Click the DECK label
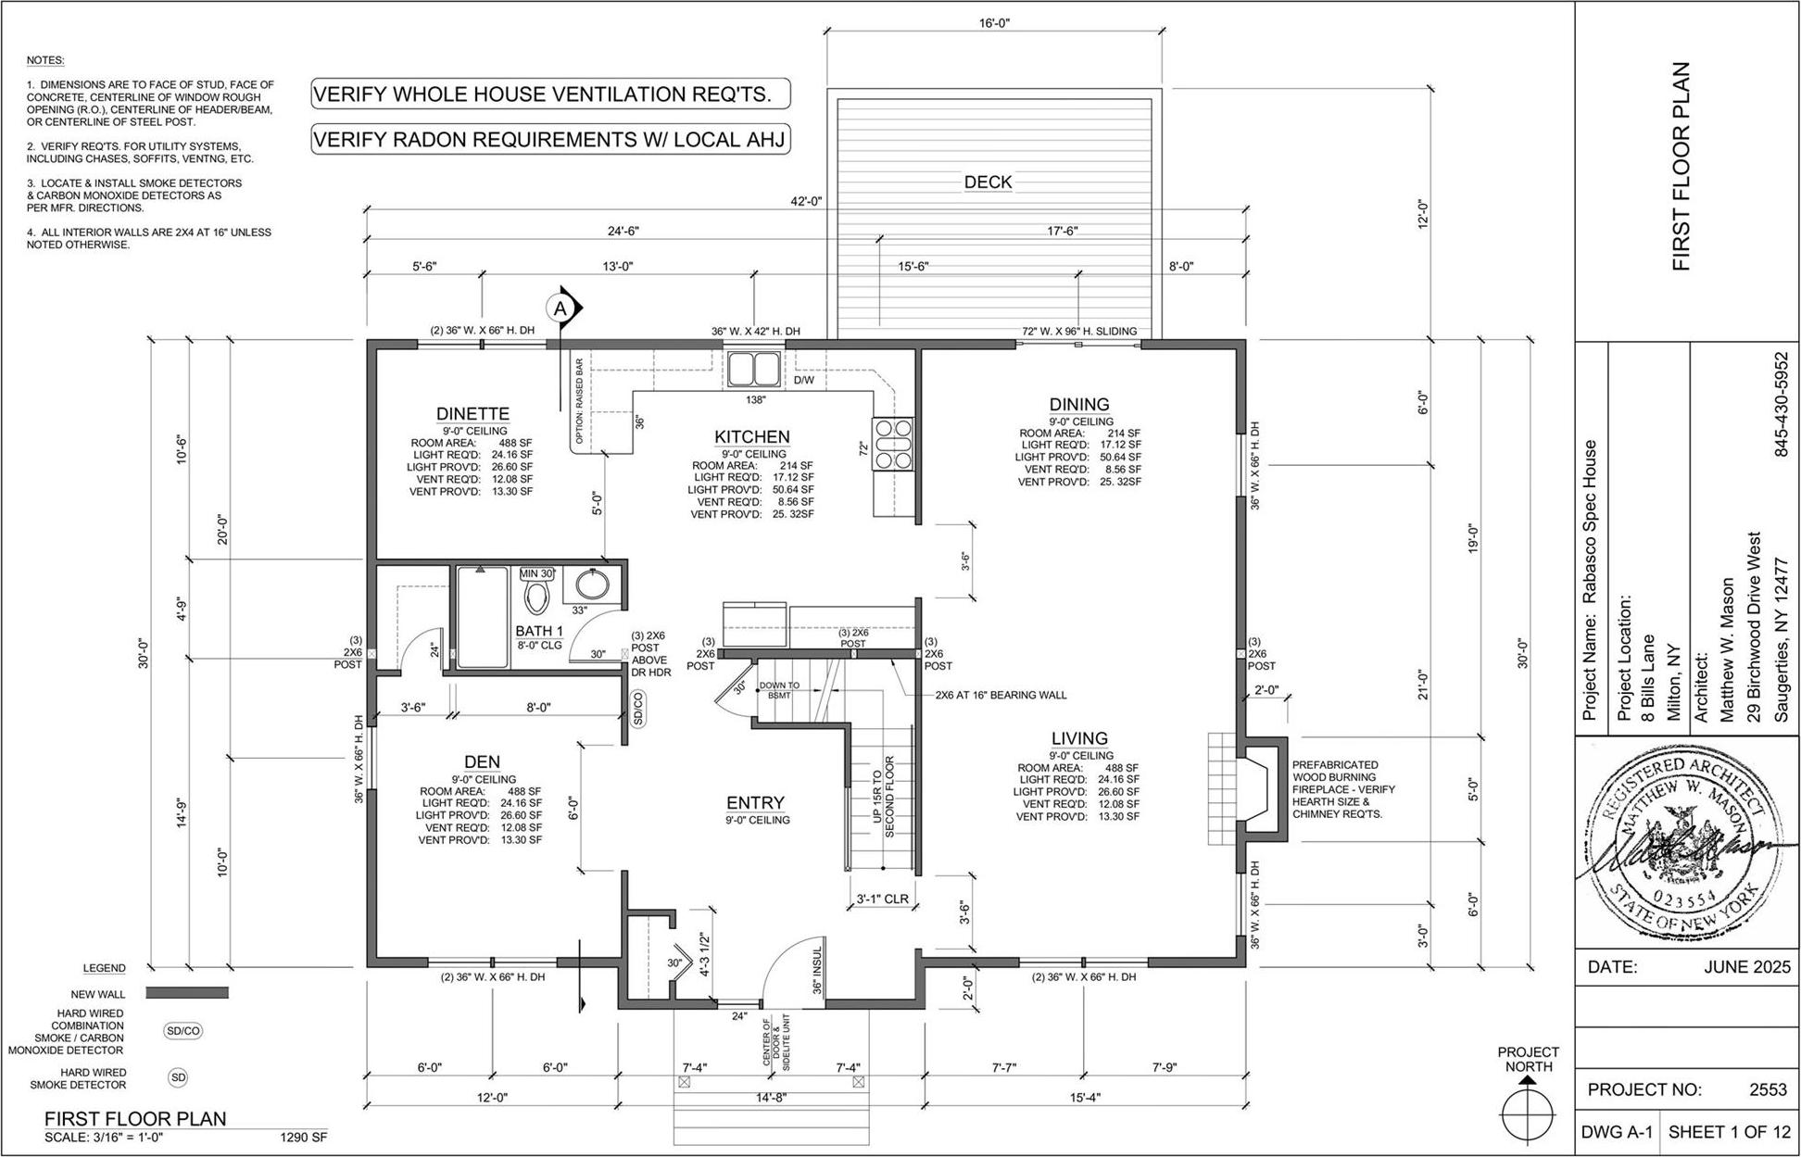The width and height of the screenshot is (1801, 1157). click(x=988, y=182)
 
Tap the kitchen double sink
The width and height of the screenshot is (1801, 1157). click(x=754, y=370)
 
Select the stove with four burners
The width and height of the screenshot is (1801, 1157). click(x=891, y=445)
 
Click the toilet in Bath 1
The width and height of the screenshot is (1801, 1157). click(x=536, y=597)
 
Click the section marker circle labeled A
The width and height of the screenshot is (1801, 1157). click(x=560, y=308)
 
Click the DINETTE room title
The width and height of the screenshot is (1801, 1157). click(x=472, y=414)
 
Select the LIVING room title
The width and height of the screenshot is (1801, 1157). click(x=1079, y=738)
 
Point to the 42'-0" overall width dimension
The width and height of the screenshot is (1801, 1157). click(x=806, y=201)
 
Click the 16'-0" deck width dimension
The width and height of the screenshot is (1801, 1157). click(x=993, y=21)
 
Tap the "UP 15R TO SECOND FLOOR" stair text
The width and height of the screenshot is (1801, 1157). click(x=884, y=798)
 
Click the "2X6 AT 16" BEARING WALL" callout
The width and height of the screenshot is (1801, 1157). click(x=1001, y=695)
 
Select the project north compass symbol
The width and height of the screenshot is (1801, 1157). click(x=1528, y=1111)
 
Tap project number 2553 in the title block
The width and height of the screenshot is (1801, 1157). click(x=1767, y=1090)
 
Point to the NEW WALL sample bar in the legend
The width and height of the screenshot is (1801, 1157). click(x=188, y=993)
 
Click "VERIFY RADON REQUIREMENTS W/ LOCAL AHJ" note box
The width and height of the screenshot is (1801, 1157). click(x=549, y=140)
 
